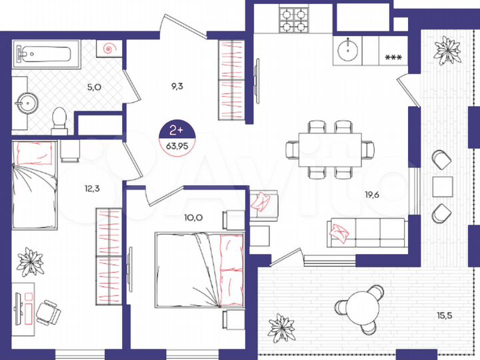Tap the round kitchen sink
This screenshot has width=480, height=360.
pos(348,49)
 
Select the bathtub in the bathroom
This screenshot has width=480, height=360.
pos(47,53)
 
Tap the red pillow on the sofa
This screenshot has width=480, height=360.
pos(339,231)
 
